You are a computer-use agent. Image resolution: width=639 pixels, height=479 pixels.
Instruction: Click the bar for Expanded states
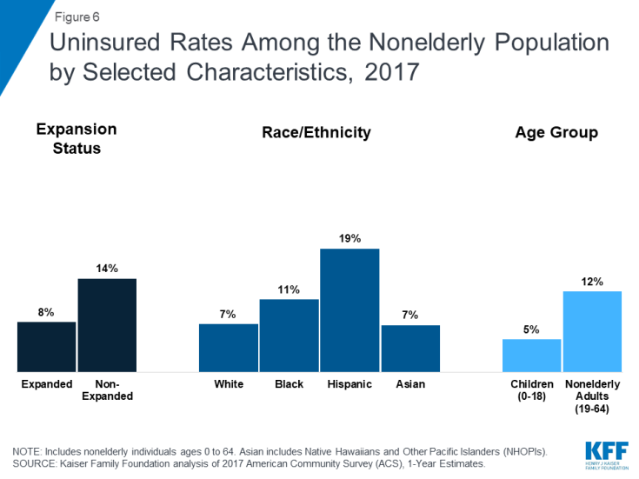pyautogui.click(x=47, y=346)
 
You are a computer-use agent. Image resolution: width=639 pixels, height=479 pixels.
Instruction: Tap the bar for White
pyautogui.click(x=229, y=348)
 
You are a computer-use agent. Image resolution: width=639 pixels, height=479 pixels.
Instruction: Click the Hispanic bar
pyautogui.click(x=349, y=310)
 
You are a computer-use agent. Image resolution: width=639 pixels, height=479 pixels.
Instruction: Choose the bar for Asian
pyautogui.click(x=410, y=348)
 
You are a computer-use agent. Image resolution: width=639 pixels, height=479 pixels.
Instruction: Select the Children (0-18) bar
pyautogui.click(x=531, y=355)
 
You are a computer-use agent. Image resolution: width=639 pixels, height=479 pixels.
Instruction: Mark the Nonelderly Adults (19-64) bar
pyautogui.click(x=592, y=331)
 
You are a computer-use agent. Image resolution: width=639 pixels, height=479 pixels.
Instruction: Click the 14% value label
pyautogui.click(x=107, y=269)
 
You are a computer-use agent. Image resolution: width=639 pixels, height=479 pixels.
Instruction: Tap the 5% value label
pyautogui.click(x=531, y=329)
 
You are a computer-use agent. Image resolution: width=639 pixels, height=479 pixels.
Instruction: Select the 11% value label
pyautogui.click(x=289, y=289)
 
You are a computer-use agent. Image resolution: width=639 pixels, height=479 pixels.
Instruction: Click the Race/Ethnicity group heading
pyautogui.click(x=316, y=133)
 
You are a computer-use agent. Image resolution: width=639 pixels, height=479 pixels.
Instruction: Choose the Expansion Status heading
pyautogui.click(x=77, y=138)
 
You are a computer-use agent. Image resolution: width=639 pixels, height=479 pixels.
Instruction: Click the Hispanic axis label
pyautogui.click(x=349, y=383)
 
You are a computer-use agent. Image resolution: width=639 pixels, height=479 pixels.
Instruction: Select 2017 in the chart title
pyautogui.click(x=385, y=72)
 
